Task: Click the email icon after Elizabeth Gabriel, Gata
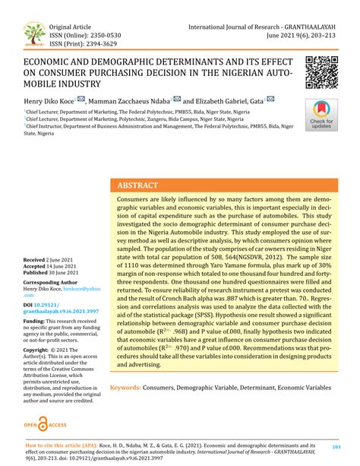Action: coord(270,100)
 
